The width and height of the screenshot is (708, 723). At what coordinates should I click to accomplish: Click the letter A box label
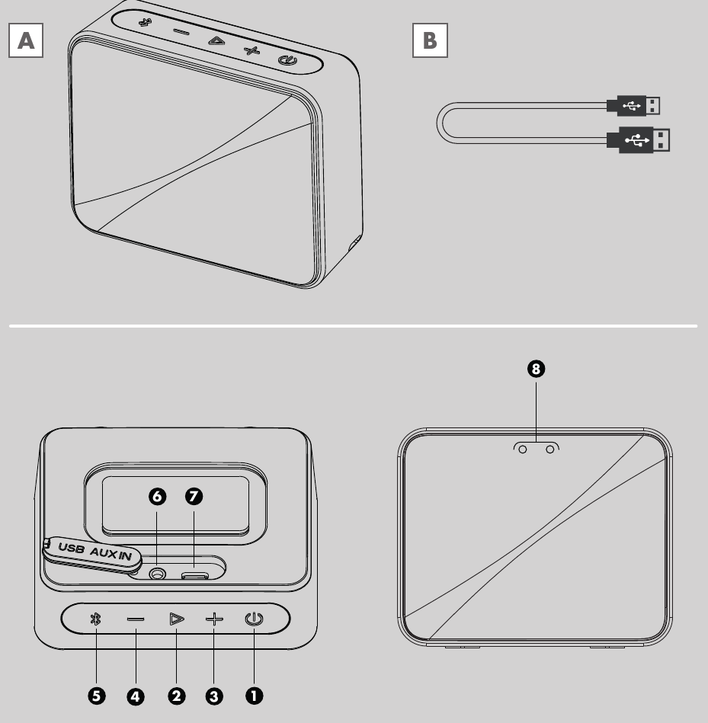coord(24,41)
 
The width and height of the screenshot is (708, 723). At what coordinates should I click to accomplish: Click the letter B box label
coord(430,41)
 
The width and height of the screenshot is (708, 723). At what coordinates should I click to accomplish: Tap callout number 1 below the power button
coord(253,696)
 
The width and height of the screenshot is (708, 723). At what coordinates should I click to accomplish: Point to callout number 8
coord(536,369)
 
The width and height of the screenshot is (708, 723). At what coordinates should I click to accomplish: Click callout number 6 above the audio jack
coord(157,497)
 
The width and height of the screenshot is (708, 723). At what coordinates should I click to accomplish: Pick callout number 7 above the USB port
coord(194,497)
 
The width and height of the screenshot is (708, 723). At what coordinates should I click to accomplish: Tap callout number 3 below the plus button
coord(213,696)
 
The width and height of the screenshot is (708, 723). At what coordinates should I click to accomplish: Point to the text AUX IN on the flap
coord(115,554)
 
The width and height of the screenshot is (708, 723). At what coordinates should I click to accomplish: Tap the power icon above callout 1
coord(253,619)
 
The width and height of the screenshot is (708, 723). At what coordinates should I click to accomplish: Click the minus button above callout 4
coord(136,619)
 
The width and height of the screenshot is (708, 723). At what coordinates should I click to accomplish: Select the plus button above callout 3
coord(214,619)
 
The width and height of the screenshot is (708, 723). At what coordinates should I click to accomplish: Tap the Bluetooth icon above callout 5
coord(96,619)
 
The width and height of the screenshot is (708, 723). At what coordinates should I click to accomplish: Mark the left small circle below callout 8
coord(523,450)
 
